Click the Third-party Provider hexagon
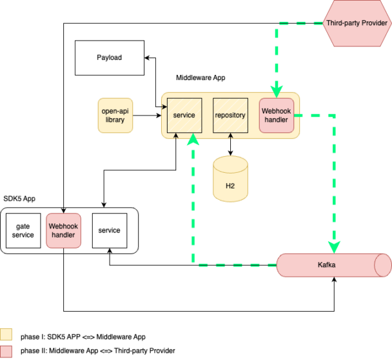(x=357, y=23)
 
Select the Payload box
(x=109, y=57)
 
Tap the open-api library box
(x=115, y=115)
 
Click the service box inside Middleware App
(x=185, y=115)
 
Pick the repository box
(x=230, y=115)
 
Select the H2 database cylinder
(x=230, y=181)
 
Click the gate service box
(x=23, y=231)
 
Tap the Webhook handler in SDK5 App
(x=63, y=231)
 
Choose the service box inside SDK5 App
(x=109, y=230)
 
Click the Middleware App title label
(x=201, y=78)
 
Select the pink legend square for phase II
(x=6, y=350)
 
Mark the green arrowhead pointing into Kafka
(x=334, y=247)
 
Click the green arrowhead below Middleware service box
(x=192, y=140)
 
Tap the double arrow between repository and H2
(x=230, y=146)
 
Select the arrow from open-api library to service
(x=148, y=116)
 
